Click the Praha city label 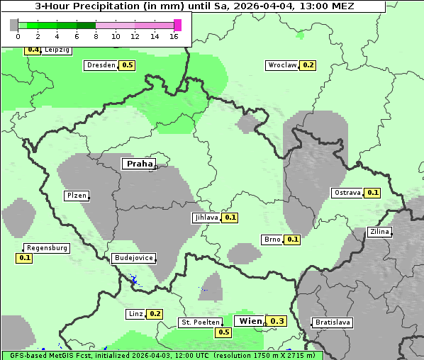pyautogui.click(x=140, y=164)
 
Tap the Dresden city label pyautogui.click(x=101, y=65)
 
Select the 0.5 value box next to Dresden pyautogui.click(x=128, y=65)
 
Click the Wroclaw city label pyautogui.click(x=281, y=65)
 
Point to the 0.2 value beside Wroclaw pyautogui.click(x=308, y=65)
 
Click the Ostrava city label pyautogui.click(x=347, y=193)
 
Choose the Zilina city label pyautogui.click(x=379, y=232)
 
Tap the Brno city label pyautogui.click(x=272, y=240)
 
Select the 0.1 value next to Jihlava pyautogui.click(x=230, y=218)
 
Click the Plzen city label pyautogui.click(x=77, y=196)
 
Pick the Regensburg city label pyautogui.click(x=47, y=248)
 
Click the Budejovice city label pyautogui.click(x=133, y=258)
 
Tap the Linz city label pyautogui.click(x=135, y=314)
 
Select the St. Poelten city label pyautogui.click(x=200, y=322)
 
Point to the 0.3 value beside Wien pyautogui.click(x=277, y=321)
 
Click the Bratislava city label pyautogui.click(x=333, y=322)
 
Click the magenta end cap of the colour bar pyautogui.click(x=177, y=25)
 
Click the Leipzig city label pyautogui.click(x=57, y=50)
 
